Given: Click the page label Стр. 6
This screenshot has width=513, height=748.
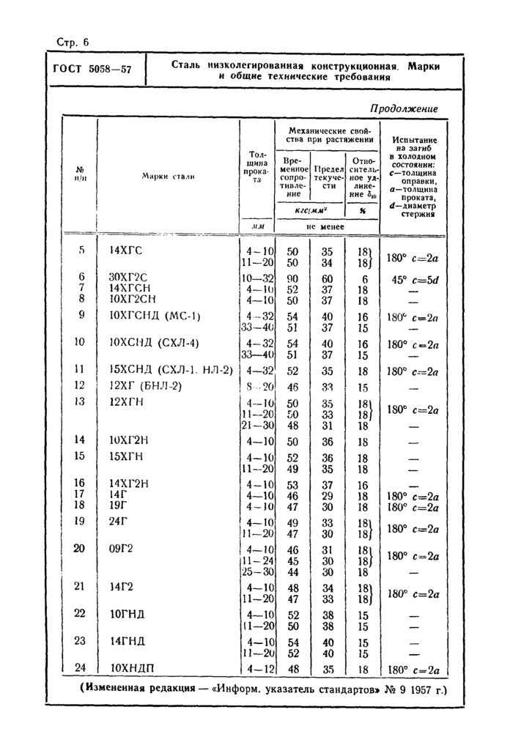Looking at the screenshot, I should click(72, 42).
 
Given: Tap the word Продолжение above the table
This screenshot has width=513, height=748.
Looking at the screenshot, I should click(404, 108).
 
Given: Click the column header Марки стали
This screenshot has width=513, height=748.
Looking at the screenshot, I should click(169, 177).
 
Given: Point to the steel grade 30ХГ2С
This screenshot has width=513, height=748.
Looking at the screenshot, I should click(128, 277).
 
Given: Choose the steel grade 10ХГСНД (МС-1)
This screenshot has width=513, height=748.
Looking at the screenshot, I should click(155, 316).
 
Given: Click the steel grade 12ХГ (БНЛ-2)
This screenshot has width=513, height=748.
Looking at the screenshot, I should click(144, 385).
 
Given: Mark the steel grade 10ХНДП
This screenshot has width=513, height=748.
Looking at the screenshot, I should click(133, 668).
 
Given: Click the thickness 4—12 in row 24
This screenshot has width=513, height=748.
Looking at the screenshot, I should click(259, 668).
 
